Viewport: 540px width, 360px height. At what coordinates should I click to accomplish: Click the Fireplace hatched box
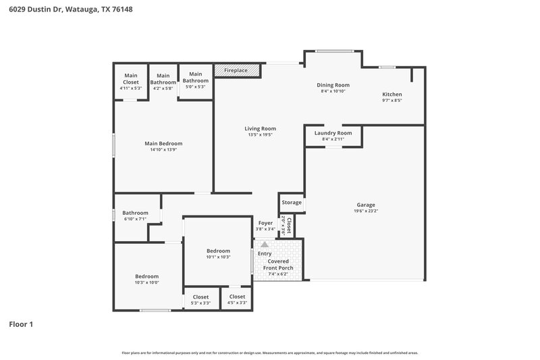point(232,70)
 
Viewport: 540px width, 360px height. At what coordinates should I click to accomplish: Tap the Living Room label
point(260,128)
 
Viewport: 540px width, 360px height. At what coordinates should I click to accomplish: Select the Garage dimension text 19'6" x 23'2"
point(366,211)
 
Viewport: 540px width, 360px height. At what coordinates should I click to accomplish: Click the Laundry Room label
point(333,133)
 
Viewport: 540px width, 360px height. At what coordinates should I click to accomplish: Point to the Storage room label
point(292,202)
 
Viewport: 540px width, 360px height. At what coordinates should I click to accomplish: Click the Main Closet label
point(131,79)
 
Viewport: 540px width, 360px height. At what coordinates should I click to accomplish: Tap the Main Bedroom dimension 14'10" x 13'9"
point(163,149)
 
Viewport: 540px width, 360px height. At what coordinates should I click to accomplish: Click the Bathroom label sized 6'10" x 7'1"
point(135,213)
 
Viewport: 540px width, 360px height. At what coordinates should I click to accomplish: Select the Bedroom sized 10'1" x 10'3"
point(218,251)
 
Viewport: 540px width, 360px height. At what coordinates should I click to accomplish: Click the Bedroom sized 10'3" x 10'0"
point(146,276)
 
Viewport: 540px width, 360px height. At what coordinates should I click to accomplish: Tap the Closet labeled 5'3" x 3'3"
point(200,297)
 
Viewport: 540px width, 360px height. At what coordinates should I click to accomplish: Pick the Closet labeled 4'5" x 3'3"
point(237,297)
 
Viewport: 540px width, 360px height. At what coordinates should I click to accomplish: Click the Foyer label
point(265,222)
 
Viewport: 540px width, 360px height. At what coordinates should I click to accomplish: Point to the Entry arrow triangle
point(265,245)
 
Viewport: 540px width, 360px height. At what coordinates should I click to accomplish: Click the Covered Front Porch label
point(278,264)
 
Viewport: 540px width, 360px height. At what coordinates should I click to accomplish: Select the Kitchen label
point(392,94)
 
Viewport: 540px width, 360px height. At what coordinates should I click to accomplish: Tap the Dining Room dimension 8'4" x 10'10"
point(333,91)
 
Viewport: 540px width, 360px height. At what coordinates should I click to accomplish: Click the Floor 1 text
point(21,324)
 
